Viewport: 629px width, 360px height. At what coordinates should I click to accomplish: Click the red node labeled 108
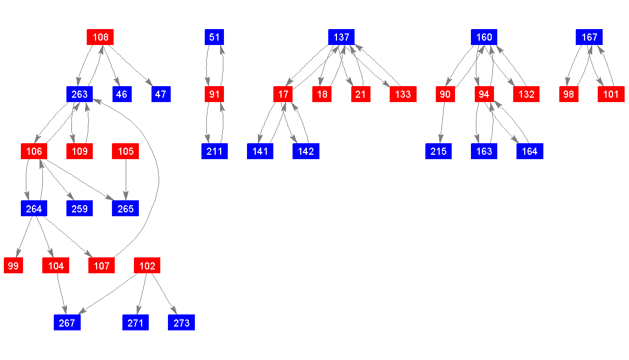100,37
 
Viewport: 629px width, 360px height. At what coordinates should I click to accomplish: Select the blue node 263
80,94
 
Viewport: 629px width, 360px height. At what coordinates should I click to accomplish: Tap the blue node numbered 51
214,37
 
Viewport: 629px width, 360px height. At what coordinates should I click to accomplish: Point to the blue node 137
341,37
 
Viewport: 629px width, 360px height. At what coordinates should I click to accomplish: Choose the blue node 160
484,37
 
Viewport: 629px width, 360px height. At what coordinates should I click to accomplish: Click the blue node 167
589,37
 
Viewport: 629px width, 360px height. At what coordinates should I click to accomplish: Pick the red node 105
126,151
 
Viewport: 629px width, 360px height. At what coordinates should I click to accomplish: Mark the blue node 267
67,323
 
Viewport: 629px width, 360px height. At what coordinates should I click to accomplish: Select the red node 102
147,266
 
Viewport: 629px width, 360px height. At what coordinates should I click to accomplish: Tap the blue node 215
439,151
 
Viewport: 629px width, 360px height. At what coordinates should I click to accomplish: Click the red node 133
403,94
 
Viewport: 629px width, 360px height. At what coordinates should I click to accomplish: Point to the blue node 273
181,323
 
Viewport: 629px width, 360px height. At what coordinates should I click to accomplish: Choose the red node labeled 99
14,266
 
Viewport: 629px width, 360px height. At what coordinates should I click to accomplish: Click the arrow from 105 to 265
126,180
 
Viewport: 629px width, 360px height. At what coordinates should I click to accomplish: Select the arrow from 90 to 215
442,123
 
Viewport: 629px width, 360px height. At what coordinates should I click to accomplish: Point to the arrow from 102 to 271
141,294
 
